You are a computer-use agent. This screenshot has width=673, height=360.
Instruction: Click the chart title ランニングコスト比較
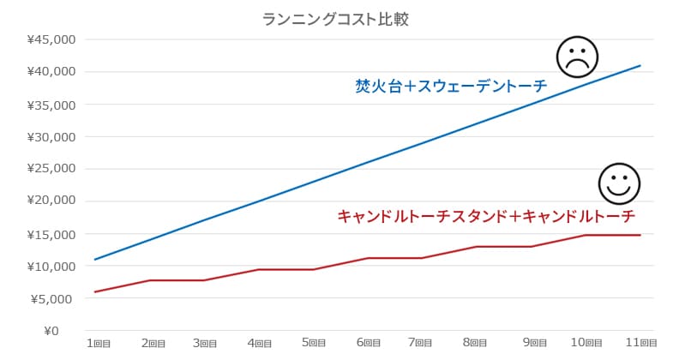336,19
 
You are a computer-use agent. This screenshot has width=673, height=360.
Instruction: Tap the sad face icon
576,57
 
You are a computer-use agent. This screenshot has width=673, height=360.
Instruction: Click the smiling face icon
619,183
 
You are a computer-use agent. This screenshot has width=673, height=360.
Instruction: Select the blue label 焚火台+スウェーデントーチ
451,86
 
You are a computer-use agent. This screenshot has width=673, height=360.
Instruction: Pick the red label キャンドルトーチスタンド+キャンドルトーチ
486,216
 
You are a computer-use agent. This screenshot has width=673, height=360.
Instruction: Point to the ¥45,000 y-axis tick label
52,39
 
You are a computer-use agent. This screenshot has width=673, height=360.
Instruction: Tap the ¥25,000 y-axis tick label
52,169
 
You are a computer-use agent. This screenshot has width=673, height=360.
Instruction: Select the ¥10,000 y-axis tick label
52,266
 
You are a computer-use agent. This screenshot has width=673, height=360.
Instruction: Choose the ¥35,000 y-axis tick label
52,105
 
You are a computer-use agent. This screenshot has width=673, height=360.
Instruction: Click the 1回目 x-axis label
98,343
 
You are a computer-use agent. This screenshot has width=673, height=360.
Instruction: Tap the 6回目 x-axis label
369,343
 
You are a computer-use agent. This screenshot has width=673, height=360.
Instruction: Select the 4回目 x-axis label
260,343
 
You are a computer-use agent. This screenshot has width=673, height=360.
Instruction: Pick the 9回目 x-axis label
531,343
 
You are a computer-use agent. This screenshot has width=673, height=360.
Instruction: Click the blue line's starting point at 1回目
95,259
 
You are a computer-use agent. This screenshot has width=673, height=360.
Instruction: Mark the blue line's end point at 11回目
640,65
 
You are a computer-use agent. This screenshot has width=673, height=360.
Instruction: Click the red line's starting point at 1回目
95,291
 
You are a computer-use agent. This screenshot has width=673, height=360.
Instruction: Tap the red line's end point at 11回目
640,235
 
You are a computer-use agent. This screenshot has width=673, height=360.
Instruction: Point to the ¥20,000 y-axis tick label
52,201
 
